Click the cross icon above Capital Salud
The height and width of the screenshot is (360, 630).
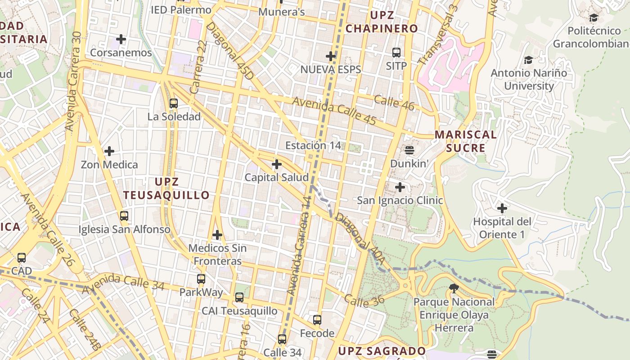point(277,164)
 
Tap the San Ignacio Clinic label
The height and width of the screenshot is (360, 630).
point(400,200)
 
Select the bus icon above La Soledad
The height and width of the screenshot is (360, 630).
point(174,103)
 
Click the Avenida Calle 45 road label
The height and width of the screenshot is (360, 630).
point(334,111)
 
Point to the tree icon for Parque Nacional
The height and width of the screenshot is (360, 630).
point(454,288)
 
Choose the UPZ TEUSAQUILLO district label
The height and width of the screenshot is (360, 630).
point(166,189)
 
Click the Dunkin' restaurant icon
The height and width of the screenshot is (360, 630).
point(409,150)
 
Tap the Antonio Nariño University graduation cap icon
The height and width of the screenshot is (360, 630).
point(528,60)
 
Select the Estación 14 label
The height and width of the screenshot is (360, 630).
point(313,145)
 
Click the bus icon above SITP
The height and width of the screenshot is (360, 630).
point(396,53)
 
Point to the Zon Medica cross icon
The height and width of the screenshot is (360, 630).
point(109,151)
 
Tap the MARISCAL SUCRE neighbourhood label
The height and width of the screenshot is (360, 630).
point(465,141)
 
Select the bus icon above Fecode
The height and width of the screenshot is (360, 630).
point(317,320)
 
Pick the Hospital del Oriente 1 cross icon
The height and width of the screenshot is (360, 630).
point(502,208)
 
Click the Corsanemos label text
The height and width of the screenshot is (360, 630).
point(121,53)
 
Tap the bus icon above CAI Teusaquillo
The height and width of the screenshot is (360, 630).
point(239,297)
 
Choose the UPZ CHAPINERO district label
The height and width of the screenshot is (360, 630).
point(382,22)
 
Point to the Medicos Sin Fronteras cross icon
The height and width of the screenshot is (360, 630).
point(217,235)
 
